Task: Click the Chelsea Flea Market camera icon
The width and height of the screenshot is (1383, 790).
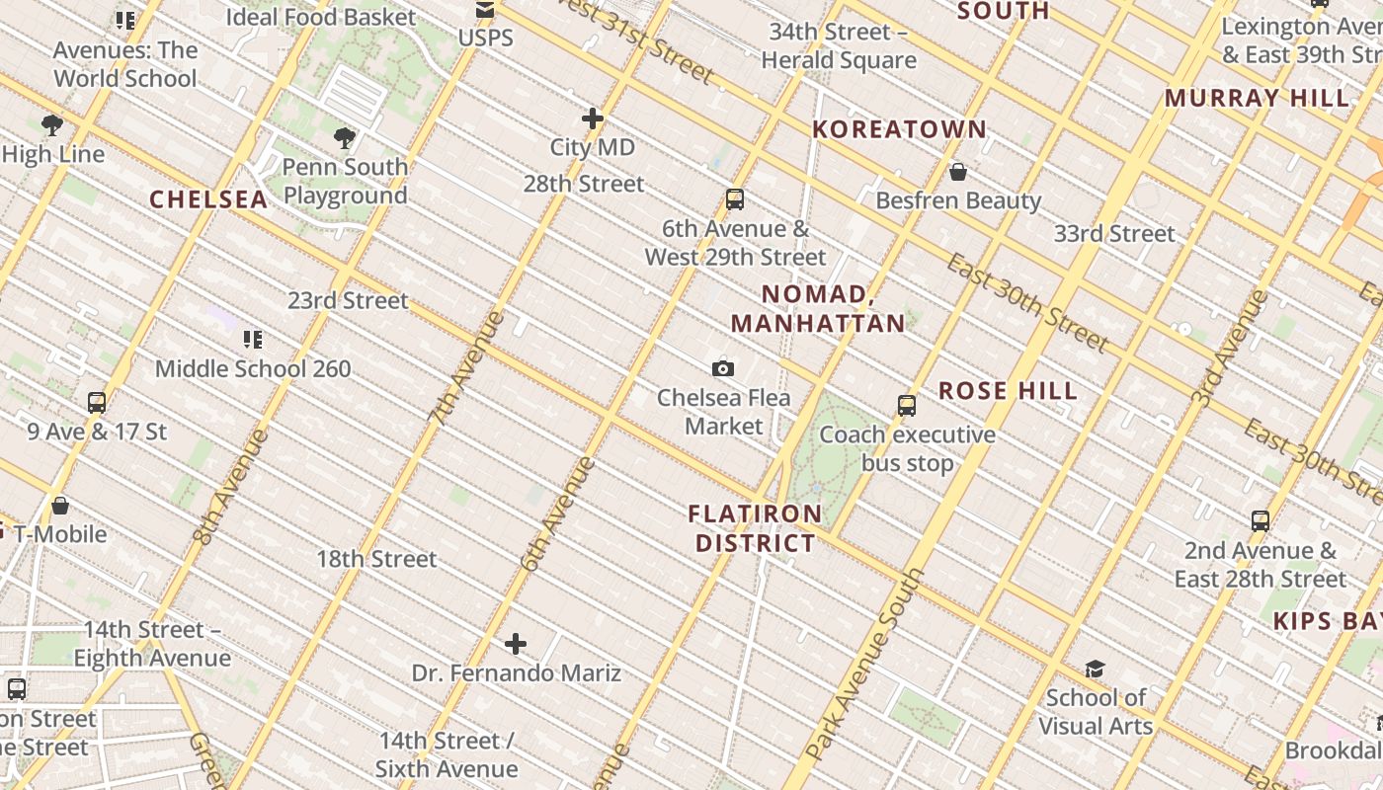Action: click(x=723, y=368)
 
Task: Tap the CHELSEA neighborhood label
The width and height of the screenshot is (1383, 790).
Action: click(x=208, y=199)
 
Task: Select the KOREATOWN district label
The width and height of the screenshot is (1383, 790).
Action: click(x=899, y=129)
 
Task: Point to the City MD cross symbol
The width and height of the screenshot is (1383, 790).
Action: click(x=593, y=118)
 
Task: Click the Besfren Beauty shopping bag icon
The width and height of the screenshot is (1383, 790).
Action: click(x=957, y=172)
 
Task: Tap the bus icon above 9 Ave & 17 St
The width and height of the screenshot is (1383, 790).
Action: click(x=96, y=403)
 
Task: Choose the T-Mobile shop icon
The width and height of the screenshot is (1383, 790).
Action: click(x=60, y=506)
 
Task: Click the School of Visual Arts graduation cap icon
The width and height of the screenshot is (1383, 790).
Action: click(x=1095, y=669)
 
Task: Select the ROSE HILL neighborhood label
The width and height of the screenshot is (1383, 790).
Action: click(x=1008, y=391)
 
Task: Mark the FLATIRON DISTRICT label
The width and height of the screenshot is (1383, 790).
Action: click(x=756, y=528)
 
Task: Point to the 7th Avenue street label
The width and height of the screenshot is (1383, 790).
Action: click(x=466, y=367)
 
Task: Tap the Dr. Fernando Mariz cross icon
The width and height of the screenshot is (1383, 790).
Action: click(x=516, y=645)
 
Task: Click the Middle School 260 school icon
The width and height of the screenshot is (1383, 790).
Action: click(x=253, y=340)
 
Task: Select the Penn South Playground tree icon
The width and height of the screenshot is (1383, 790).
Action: click(x=345, y=137)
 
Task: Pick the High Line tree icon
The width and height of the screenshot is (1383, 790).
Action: click(x=52, y=125)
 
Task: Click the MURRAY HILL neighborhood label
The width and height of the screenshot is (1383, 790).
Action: click(x=1256, y=99)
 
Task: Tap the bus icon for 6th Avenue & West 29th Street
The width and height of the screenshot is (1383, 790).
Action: click(x=734, y=199)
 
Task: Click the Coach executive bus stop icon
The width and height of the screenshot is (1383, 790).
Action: click(x=907, y=405)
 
